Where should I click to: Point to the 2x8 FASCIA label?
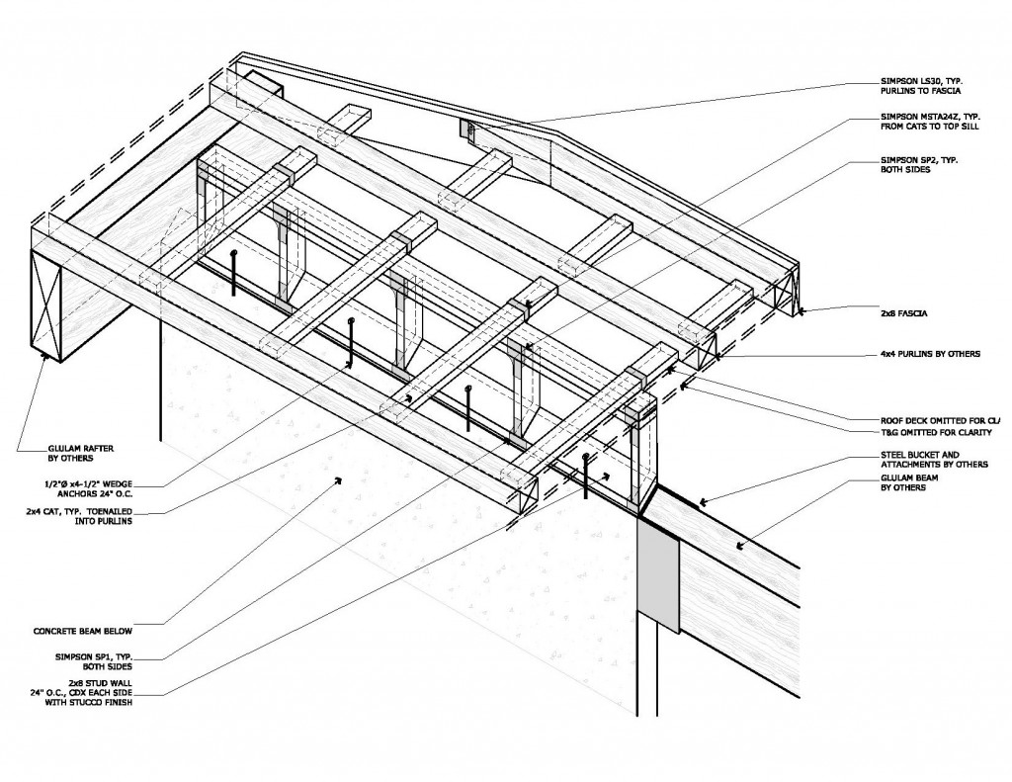click(902, 312)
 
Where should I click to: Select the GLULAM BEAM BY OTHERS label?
click(907, 483)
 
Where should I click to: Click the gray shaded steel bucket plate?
click(658, 573)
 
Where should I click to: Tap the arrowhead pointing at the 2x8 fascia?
click(801, 311)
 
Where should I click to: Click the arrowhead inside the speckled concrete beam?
click(338, 480)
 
